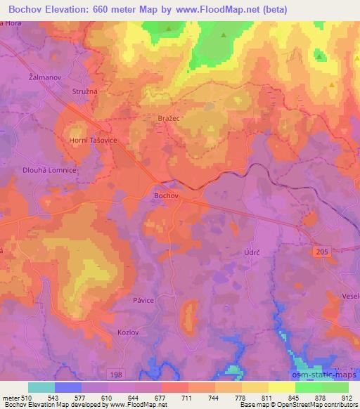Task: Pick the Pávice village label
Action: (143, 299)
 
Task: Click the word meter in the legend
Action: (11, 398)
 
